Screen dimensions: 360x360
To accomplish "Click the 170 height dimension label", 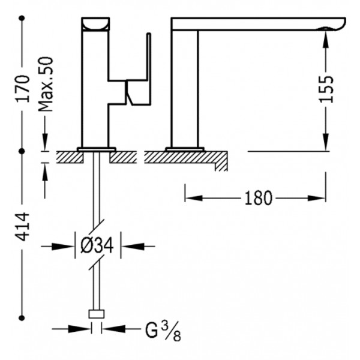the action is click(x=23, y=89).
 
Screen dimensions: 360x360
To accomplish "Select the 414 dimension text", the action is click(x=23, y=227).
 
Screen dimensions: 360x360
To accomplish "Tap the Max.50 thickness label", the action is click(x=46, y=84).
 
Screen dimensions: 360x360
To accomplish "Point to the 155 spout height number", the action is click(x=326, y=89).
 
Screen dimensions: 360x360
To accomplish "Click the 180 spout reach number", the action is click(x=258, y=199).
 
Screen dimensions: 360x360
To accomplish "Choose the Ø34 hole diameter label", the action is click(x=97, y=246).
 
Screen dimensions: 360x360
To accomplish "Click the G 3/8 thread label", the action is click(x=163, y=331).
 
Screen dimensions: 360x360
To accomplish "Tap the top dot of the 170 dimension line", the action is click(x=22, y=18).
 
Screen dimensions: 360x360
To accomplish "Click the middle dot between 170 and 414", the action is click(x=22, y=151).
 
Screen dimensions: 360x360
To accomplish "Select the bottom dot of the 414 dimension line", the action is click(x=22, y=318).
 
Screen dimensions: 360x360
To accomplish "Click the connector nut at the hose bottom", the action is click(x=97, y=314).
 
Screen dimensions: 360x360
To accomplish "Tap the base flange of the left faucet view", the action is click(x=97, y=149).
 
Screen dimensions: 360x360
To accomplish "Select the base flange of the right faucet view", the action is click(x=185, y=149).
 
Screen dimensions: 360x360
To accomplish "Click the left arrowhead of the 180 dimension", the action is click(x=194, y=199).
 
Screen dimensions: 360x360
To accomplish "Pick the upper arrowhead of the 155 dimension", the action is click(x=326, y=40).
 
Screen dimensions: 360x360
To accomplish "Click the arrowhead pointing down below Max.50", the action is click(x=45, y=142).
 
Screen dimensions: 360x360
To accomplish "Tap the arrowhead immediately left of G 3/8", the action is click(x=80, y=329).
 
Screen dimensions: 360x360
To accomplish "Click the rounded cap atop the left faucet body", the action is click(x=95, y=24).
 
